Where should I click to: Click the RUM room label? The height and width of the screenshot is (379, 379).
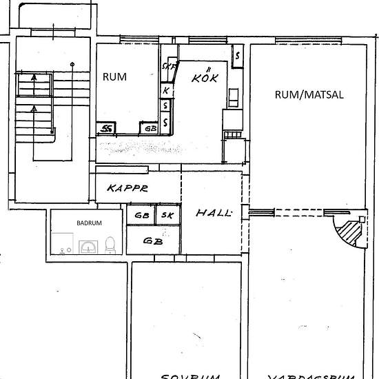(x=114, y=76)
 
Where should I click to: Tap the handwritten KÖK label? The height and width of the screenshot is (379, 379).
(x=204, y=77)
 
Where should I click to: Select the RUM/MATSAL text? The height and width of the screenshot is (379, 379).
(x=299, y=94)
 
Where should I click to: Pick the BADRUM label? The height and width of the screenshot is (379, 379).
(x=89, y=223)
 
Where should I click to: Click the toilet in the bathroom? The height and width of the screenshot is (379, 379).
(x=110, y=243)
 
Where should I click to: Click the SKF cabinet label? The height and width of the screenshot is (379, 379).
(x=167, y=67)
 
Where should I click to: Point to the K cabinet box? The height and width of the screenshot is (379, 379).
(x=166, y=90)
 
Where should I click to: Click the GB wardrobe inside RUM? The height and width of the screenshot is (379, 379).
(x=150, y=127)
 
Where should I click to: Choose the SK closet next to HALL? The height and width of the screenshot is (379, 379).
(x=167, y=215)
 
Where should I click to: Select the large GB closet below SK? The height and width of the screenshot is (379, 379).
(x=153, y=240)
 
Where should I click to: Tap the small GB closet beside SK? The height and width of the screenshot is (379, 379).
(x=142, y=215)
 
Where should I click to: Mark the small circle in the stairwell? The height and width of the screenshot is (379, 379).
(x=72, y=65)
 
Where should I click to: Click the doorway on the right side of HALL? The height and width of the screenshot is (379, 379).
(x=261, y=212)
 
